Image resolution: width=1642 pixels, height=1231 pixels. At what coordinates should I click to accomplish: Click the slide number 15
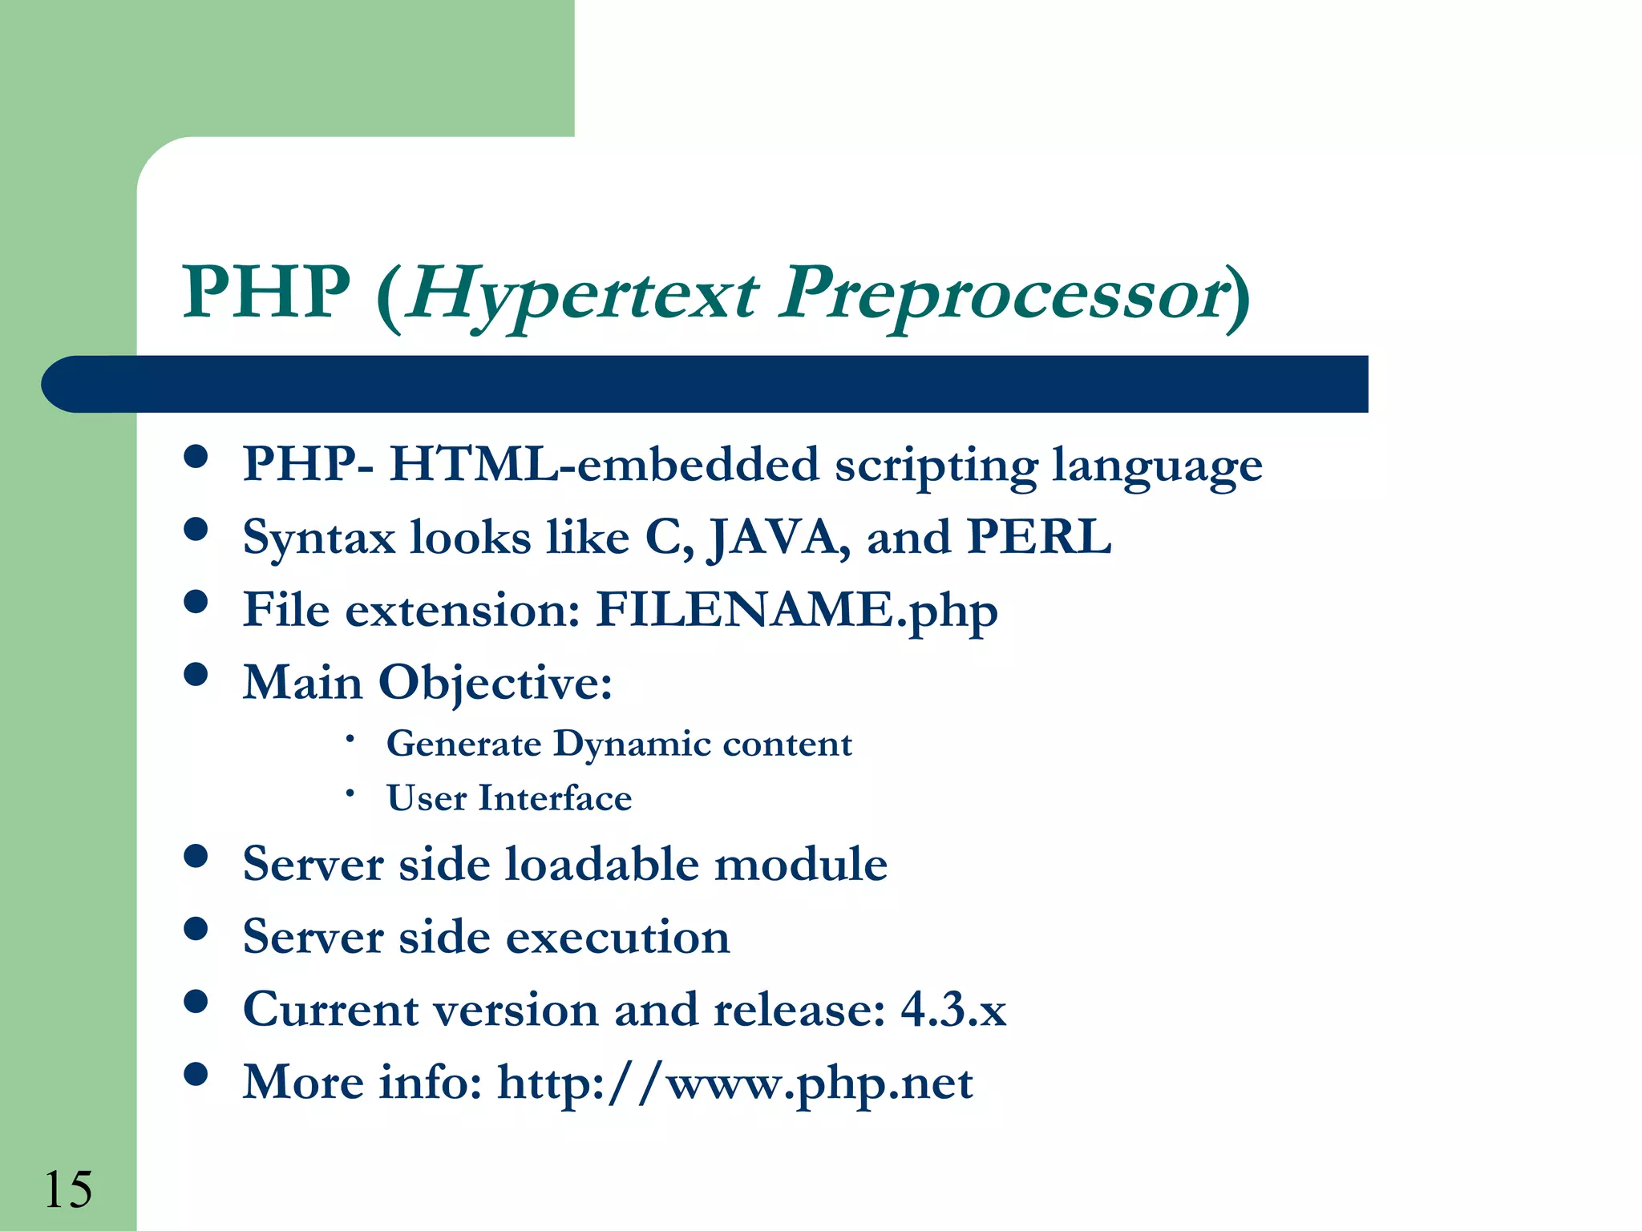point(68,1189)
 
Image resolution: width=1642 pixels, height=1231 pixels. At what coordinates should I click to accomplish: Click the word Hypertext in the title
point(581,295)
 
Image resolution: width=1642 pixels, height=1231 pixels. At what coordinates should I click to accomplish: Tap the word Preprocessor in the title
point(1002,295)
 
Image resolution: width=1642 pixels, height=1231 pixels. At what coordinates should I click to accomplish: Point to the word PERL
point(1039,536)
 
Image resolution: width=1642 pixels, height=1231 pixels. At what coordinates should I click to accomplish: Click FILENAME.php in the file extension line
point(796,611)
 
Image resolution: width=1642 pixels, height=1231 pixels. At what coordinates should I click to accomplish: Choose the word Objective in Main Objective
point(495,684)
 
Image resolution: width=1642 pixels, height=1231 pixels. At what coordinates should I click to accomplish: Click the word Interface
point(555,798)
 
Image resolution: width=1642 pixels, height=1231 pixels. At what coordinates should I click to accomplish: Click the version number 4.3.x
point(953,1009)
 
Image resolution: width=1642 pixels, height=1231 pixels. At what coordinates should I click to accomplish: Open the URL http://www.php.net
point(734,1084)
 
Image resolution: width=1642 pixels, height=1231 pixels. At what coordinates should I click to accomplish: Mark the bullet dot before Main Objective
point(196,674)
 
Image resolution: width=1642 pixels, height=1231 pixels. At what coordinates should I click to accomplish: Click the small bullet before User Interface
point(350,793)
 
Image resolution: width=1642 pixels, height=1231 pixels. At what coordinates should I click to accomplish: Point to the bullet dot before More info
point(196,1073)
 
